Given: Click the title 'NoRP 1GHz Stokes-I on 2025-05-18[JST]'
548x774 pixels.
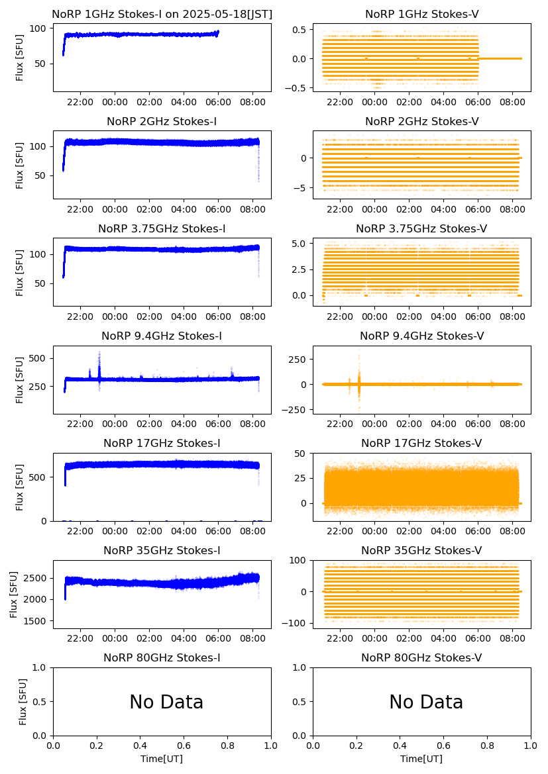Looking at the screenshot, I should tap(162, 15).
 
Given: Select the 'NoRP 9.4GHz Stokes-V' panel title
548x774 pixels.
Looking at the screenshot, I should tap(421, 336).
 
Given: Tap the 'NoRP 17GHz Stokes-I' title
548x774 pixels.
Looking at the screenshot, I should tap(162, 444).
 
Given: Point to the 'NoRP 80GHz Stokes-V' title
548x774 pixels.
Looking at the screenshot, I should tap(421, 658).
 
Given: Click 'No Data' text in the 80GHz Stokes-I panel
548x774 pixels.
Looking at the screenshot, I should tap(166, 702).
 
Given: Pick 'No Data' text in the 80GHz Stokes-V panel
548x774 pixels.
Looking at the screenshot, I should tap(426, 702).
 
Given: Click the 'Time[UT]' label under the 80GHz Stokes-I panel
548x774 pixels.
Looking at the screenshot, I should tap(162, 759).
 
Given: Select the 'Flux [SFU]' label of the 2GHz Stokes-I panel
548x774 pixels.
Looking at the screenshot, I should tap(20, 164).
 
